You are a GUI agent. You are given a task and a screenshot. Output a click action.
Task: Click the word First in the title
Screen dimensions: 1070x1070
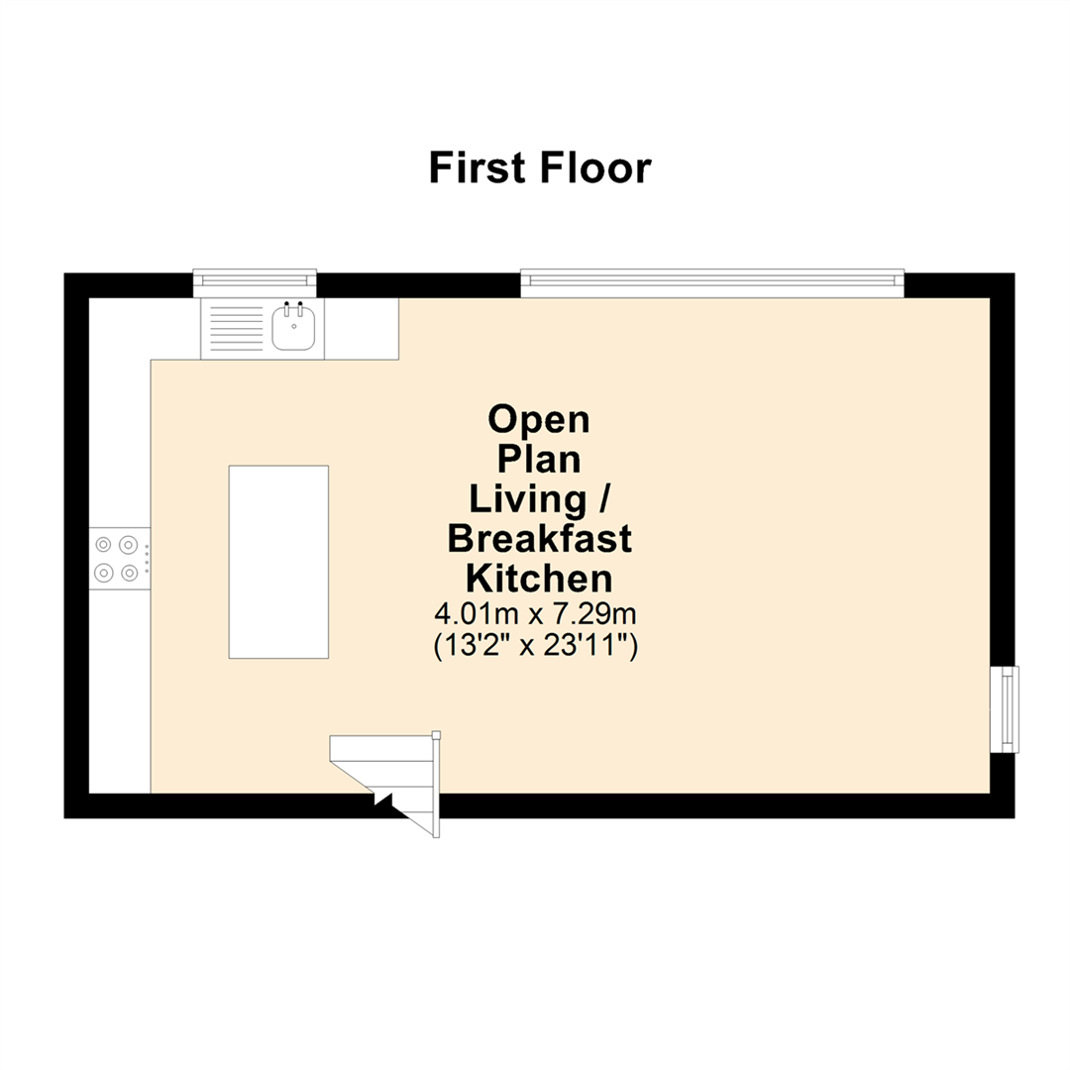pyautogui.click(x=479, y=167)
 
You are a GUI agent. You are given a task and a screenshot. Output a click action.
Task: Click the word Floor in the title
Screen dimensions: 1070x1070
pyautogui.click(x=595, y=167)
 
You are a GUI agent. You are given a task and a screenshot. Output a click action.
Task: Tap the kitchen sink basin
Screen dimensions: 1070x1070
pyautogui.click(x=293, y=328)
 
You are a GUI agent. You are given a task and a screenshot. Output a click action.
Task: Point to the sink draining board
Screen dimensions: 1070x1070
pyautogui.click(x=236, y=329)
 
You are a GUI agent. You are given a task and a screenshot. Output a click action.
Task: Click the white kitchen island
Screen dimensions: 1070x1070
pyautogui.click(x=278, y=562)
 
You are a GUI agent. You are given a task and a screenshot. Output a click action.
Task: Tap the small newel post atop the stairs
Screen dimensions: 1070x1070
pyautogui.click(x=436, y=735)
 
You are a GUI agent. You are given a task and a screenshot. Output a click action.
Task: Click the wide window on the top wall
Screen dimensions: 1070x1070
pyautogui.click(x=712, y=283)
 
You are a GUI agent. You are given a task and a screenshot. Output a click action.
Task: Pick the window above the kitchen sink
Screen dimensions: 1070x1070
pyautogui.click(x=255, y=282)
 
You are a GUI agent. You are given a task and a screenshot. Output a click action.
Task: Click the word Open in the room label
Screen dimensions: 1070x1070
pyautogui.click(x=539, y=419)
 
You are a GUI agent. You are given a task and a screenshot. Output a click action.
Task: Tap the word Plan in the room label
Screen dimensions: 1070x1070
pyautogui.click(x=539, y=459)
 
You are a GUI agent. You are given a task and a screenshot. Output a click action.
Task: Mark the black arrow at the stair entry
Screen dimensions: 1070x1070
pyautogui.click(x=381, y=799)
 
